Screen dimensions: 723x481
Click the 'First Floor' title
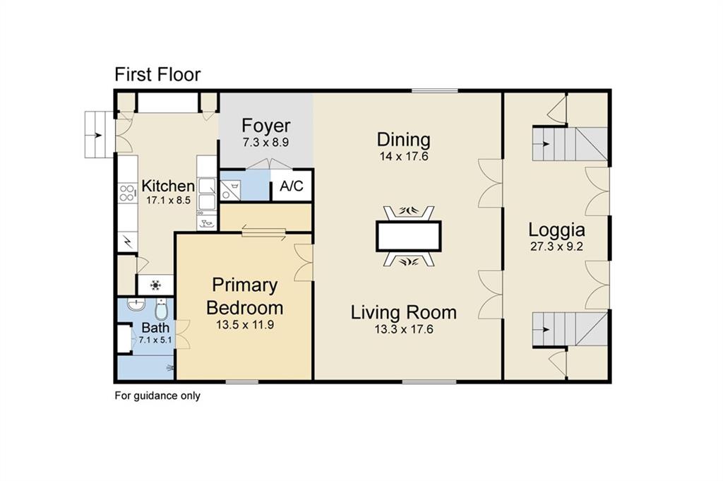pos(157,74)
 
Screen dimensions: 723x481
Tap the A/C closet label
pos(292,186)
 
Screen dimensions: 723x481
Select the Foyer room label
pos(266,126)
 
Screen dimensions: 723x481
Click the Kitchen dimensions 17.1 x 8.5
pos(168,200)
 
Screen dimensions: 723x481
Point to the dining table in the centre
pos(409,236)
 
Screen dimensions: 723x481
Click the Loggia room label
pos(556,230)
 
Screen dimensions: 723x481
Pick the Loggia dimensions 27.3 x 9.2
pos(556,247)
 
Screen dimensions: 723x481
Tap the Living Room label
pos(404,312)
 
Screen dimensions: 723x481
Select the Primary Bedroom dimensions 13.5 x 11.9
pos(245,325)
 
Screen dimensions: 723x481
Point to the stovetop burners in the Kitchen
pos(127,193)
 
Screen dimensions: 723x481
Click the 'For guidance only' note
pos(157,396)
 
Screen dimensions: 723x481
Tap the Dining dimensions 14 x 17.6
pos(404,156)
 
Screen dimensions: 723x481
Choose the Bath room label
pos(155,328)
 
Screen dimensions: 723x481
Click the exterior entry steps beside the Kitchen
pos(100,135)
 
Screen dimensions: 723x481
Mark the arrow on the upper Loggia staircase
pos(546,144)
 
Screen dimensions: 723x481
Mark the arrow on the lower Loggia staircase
pos(546,330)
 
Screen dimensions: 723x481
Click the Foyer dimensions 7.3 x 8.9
pos(266,143)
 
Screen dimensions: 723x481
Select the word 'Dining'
pos(404,140)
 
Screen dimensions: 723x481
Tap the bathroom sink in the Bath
pos(136,304)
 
